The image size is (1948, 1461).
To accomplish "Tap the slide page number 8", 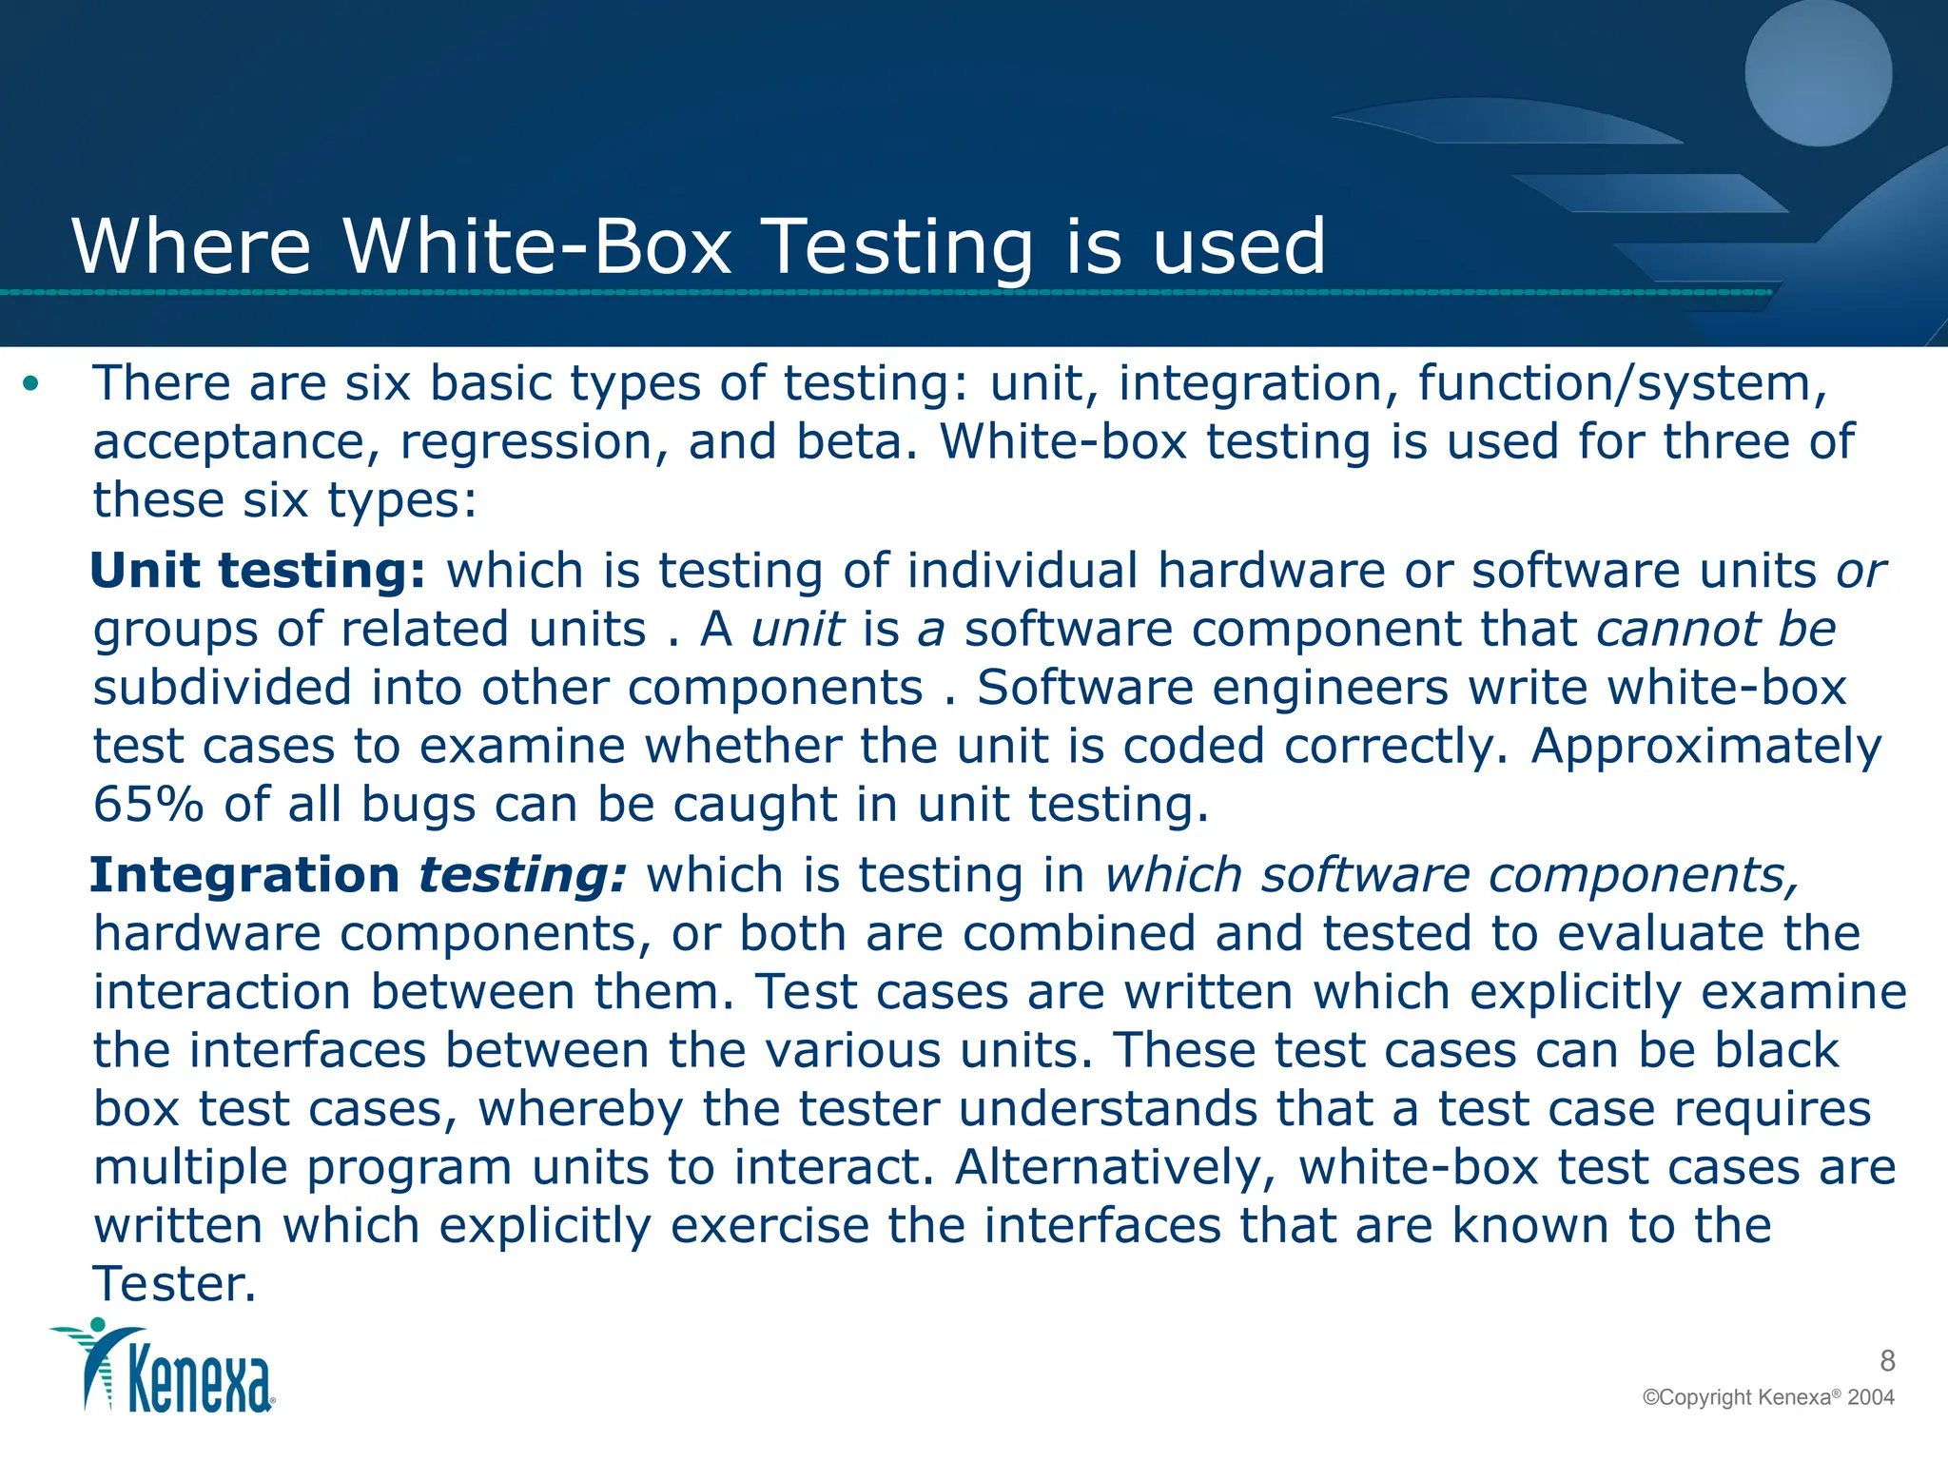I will click(1887, 1361).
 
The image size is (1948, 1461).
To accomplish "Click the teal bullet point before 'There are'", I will click(32, 384).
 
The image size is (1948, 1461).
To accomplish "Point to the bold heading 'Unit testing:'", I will click(258, 571).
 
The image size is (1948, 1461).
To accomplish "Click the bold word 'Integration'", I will click(244, 875).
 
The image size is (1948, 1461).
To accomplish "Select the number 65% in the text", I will click(148, 805).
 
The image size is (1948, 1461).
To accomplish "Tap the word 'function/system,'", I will click(1623, 384).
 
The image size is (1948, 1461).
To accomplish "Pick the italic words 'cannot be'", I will click(1715, 630).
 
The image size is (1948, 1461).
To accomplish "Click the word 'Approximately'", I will click(1706, 747).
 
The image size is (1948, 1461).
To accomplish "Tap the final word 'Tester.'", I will click(175, 1285).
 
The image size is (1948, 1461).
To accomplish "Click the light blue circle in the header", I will click(1818, 73).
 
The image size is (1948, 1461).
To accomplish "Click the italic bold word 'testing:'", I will click(522, 875).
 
